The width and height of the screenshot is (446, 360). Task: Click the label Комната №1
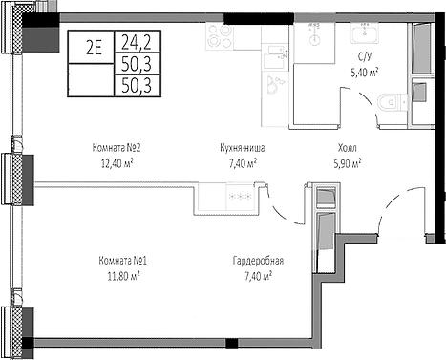[120, 261]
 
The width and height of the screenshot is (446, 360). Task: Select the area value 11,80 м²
[120, 275]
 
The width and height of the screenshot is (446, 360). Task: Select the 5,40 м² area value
[365, 70]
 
